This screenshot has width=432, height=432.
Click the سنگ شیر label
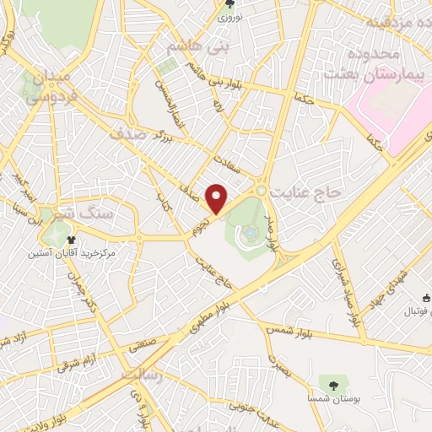coord(41,214)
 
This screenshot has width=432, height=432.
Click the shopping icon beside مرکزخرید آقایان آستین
coord(84,240)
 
